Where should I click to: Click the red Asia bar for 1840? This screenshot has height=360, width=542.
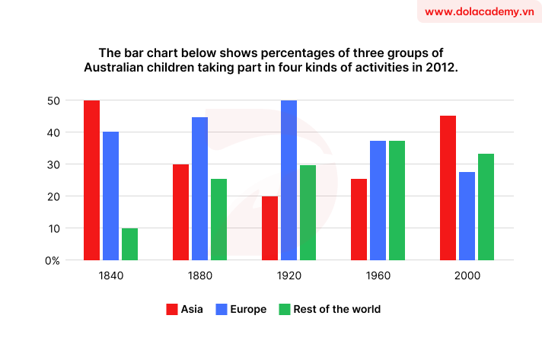pyautogui.click(x=91, y=180)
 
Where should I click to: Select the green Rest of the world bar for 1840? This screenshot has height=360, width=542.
pyautogui.click(x=129, y=244)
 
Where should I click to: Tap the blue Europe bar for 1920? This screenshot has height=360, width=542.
pyautogui.click(x=289, y=180)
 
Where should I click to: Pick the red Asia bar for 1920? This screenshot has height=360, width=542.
pyautogui.click(x=269, y=228)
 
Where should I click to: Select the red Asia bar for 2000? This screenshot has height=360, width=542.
pyautogui.click(x=448, y=188)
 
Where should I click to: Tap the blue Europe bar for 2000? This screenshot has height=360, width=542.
pyautogui.click(x=467, y=216)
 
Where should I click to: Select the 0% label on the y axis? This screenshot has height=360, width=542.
pyautogui.click(x=52, y=260)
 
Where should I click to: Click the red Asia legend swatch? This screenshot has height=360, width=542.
pyautogui.click(x=171, y=309)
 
